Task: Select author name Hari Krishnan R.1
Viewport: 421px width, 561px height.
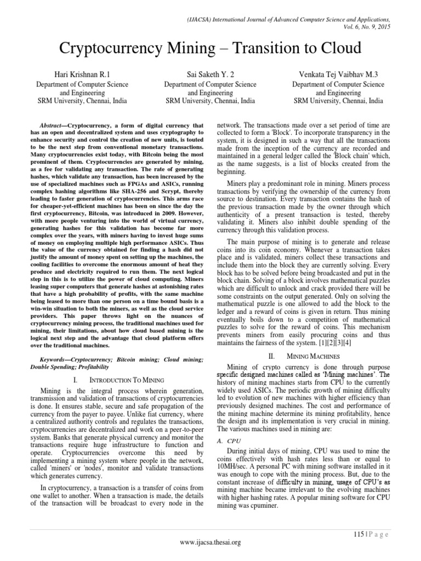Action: [82, 74]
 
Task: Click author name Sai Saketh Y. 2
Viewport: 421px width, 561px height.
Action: [210, 74]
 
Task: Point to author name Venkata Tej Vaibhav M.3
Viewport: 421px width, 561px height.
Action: [338, 74]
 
